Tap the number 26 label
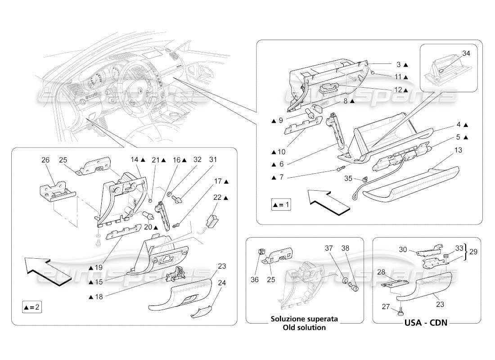coord(45,160)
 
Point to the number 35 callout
coord(348,178)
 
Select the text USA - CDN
coord(425,323)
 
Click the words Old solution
coord(304,327)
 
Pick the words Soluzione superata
coord(304,319)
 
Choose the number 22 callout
coord(218,198)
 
